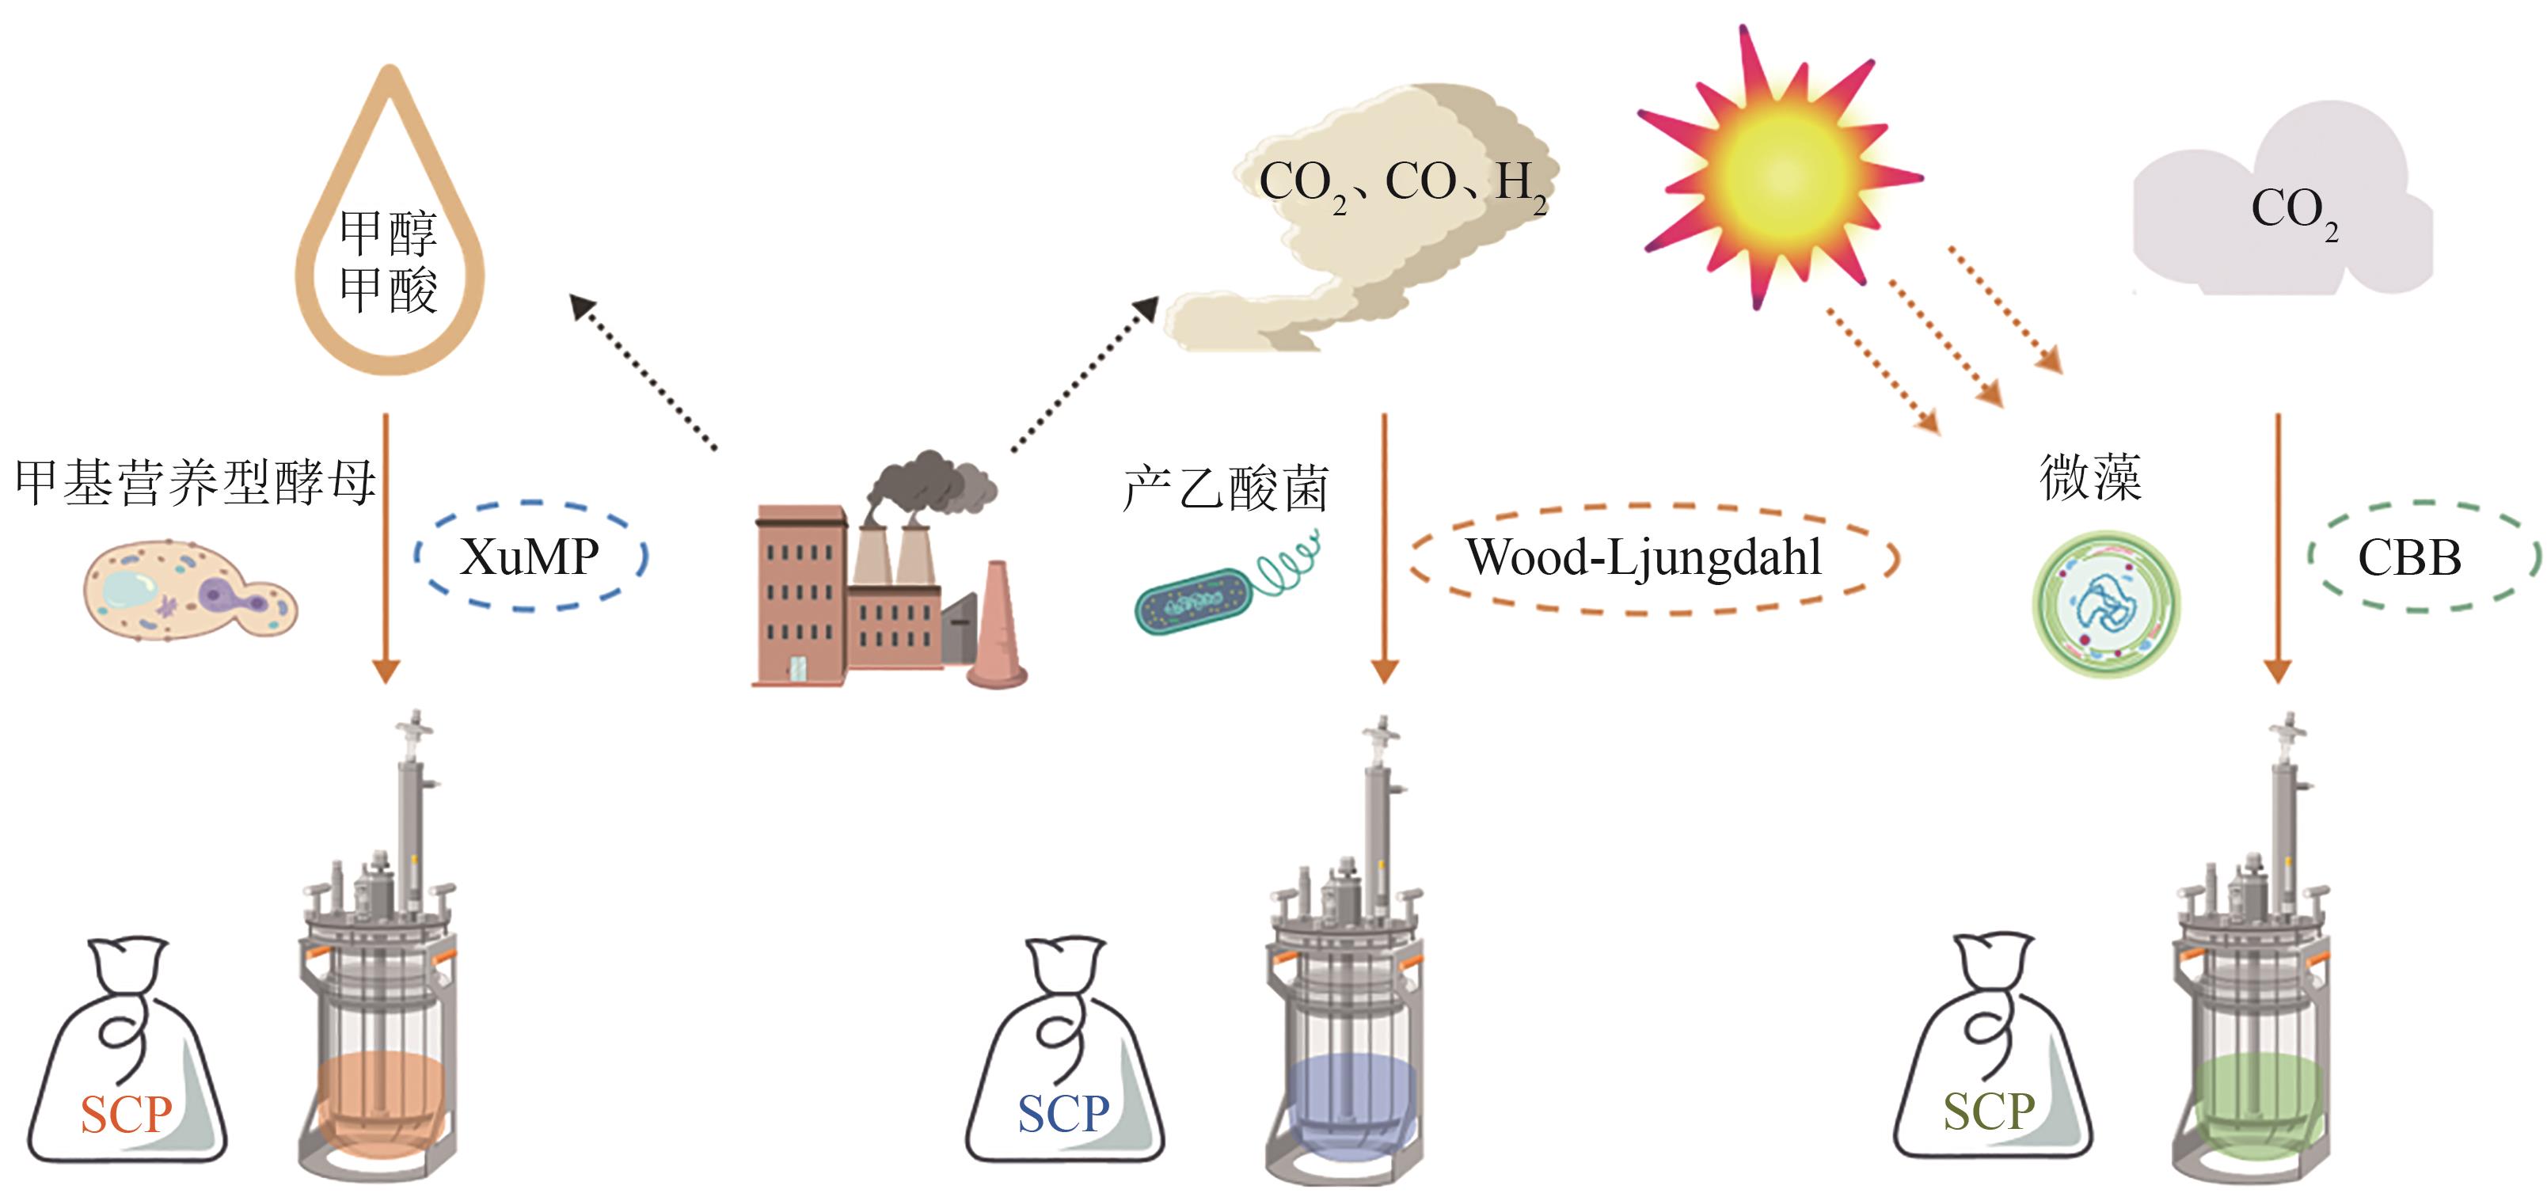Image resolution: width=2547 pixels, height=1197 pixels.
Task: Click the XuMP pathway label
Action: (x=530, y=557)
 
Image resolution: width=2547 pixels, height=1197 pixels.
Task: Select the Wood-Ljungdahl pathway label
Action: (x=1644, y=557)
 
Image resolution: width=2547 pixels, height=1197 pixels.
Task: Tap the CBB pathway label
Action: (x=2408, y=557)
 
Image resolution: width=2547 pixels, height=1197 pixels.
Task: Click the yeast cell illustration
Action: (x=188, y=590)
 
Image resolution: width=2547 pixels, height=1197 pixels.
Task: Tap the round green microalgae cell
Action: (x=2106, y=604)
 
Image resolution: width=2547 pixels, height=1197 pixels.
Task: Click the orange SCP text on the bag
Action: (x=126, y=1115)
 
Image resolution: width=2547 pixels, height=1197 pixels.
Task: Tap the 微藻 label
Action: (x=2090, y=477)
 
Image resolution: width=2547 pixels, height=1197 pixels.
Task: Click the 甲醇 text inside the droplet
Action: (x=388, y=232)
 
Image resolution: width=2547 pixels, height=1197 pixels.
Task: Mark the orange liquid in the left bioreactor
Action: (x=381, y=1097)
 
